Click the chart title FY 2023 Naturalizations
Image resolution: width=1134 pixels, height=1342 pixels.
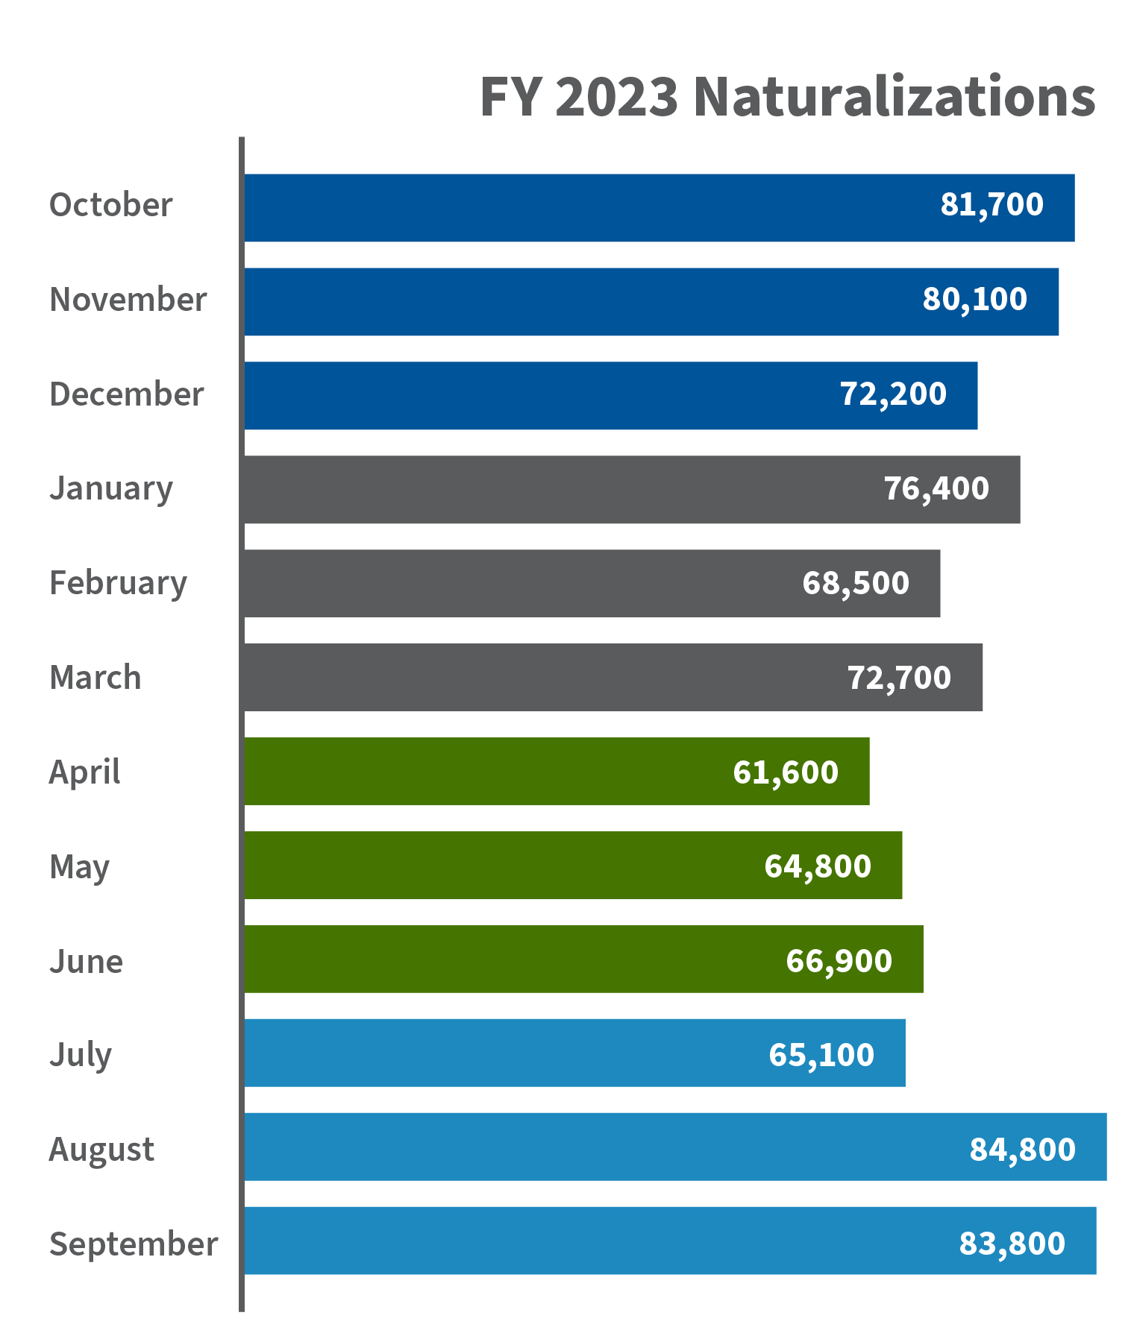[x=787, y=97]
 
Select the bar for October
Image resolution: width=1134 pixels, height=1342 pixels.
[x=582, y=208]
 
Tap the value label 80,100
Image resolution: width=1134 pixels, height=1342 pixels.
[x=974, y=300]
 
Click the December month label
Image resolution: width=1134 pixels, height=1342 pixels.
[x=126, y=394]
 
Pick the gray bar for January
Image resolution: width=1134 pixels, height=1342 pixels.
[x=560, y=490]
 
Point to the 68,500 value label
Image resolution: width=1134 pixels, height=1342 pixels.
[x=855, y=584]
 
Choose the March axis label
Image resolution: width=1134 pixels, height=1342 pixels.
[x=95, y=678]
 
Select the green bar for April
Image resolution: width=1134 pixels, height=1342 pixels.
[x=485, y=772]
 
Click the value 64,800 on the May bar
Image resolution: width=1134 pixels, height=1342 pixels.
[x=818, y=866]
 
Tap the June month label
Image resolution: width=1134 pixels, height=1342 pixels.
[x=86, y=962]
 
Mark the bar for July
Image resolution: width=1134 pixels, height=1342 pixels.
[x=507, y=1053]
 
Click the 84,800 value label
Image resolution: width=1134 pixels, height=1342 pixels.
[x=1022, y=1150]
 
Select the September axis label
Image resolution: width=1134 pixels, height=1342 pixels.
[x=134, y=1244]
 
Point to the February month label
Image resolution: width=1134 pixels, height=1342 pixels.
[x=118, y=584]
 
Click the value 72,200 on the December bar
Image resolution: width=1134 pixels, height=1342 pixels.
[x=893, y=394]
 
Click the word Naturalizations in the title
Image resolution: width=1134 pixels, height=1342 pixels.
[x=894, y=97]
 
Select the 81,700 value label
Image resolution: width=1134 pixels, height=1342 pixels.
[x=992, y=205]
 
